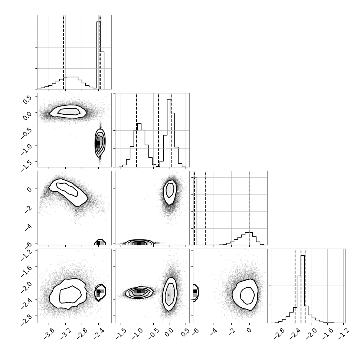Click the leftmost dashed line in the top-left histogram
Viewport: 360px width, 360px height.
coord(63,52)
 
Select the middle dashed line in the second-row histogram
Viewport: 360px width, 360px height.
coord(158,130)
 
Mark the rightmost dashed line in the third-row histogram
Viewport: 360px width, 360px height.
coord(250,208)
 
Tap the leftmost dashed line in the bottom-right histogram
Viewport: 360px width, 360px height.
coord(295,286)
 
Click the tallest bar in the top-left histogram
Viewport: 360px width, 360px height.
coord(98,55)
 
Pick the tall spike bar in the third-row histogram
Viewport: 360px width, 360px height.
coord(195,211)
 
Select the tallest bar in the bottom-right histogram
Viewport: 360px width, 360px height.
coord(302,289)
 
